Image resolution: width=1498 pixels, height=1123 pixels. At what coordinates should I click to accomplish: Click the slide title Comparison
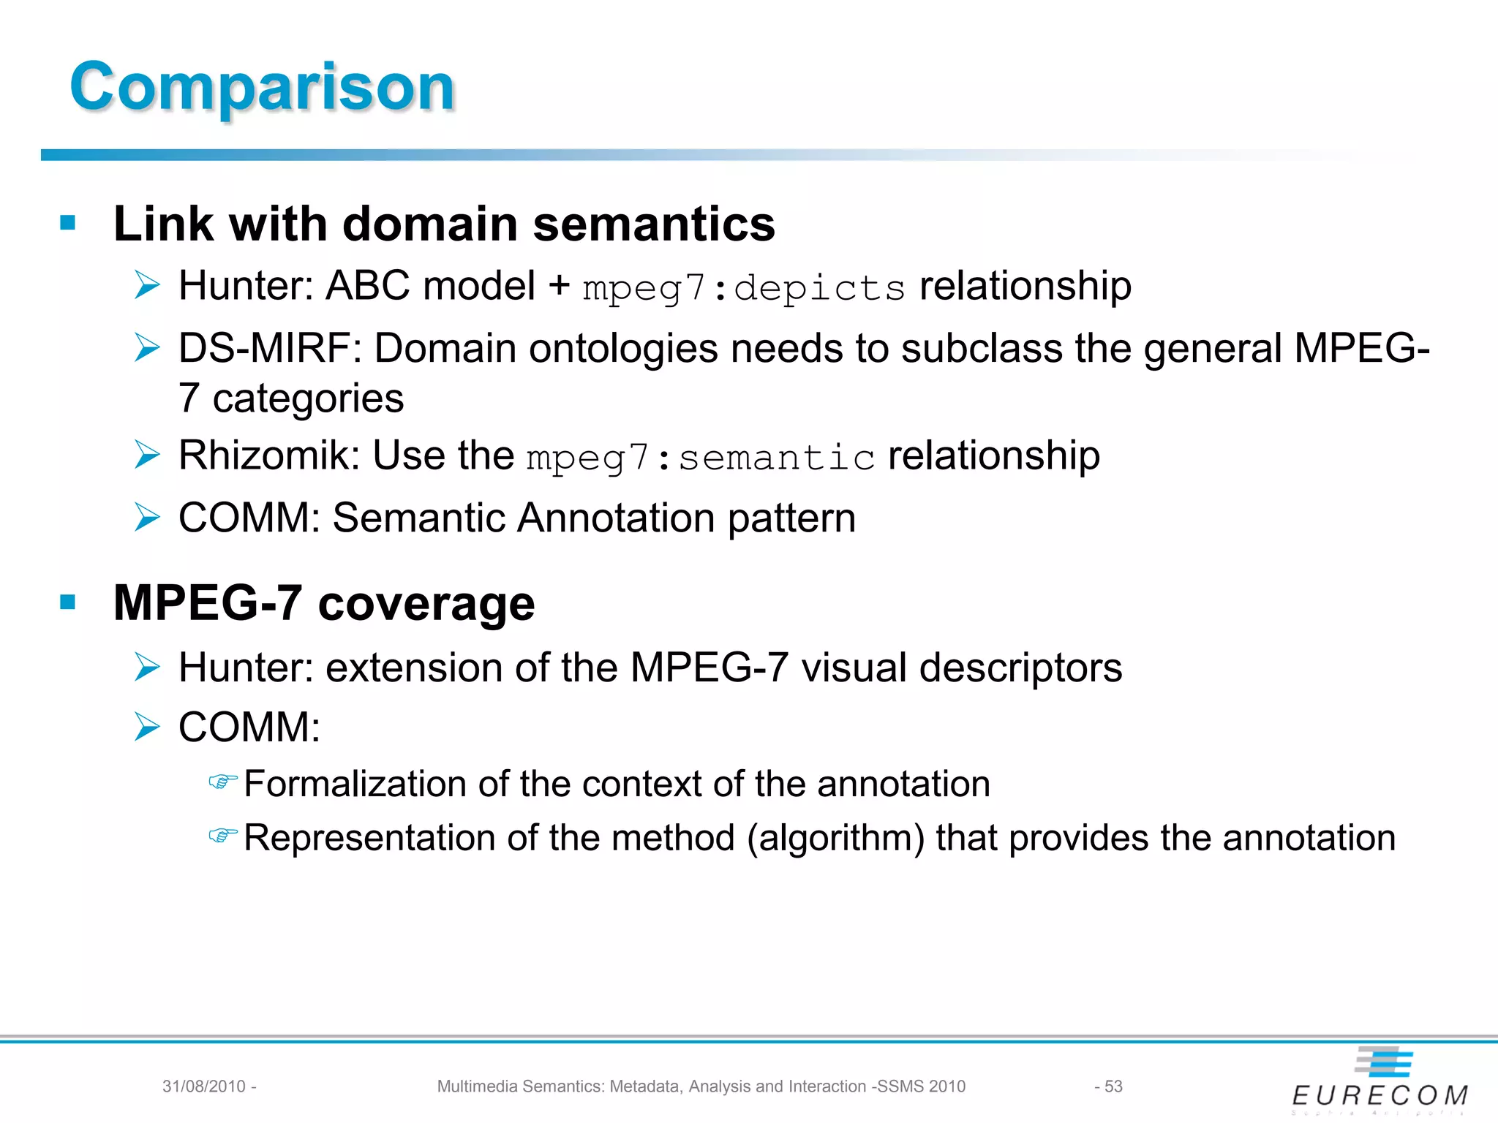coord(263,87)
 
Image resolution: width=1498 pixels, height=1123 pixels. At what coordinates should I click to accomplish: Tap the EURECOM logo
coord(1380,1081)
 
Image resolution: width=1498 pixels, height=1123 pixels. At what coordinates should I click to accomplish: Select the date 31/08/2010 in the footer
coord(204,1086)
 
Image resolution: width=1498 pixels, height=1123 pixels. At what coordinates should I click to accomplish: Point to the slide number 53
coord(1113,1086)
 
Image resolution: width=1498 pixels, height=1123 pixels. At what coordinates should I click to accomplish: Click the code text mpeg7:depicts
coord(744,288)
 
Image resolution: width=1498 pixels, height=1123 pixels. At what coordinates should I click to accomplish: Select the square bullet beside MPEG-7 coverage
coord(68,602)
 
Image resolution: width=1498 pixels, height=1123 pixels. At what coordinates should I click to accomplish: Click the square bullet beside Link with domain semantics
coord(68,222)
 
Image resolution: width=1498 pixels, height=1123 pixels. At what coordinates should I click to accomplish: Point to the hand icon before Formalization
coord(223,782)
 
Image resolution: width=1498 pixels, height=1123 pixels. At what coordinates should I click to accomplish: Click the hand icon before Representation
coord(223,836)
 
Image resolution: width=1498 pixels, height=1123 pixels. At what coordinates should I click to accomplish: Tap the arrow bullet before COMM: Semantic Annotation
coord(147,518)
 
